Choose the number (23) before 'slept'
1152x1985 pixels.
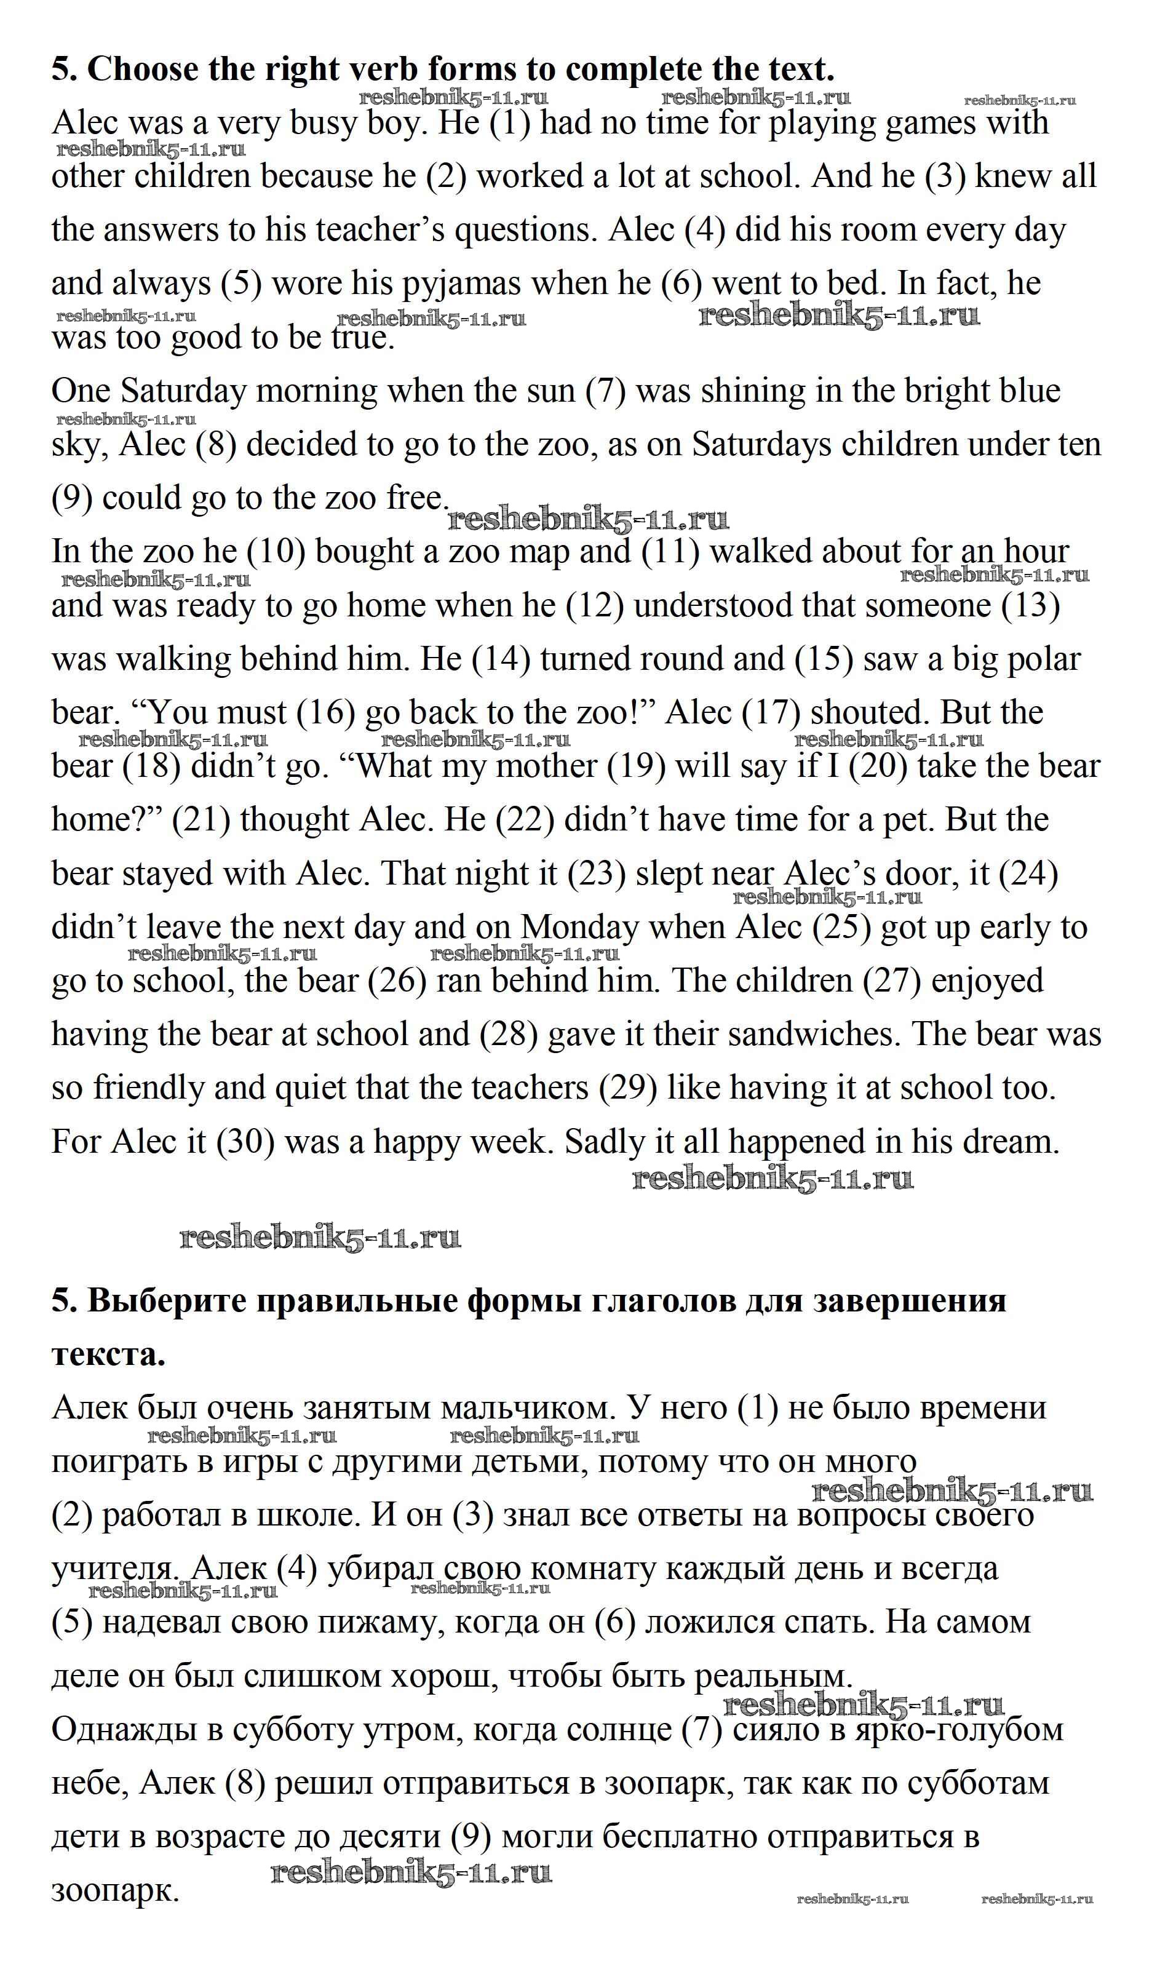coord(596,874)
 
